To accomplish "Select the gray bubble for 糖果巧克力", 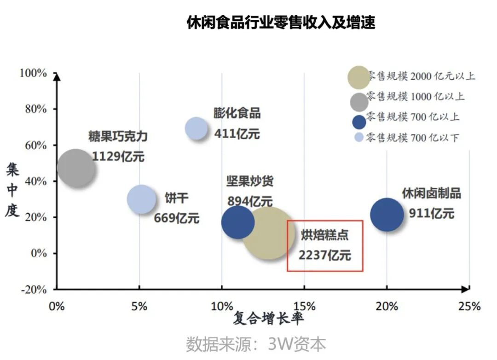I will (76, 168).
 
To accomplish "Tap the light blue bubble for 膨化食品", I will (196, 128).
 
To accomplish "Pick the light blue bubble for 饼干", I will (142, 199).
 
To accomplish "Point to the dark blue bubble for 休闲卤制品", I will (387, 214).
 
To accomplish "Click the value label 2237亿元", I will (325, 255).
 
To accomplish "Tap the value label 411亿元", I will (237, 134).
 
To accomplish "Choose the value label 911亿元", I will (431, 213).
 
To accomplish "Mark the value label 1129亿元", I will (118, 156).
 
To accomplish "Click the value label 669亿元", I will (176, 217).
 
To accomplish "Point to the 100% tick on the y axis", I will (33, 73).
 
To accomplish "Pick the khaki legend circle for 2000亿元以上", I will (358, 77).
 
